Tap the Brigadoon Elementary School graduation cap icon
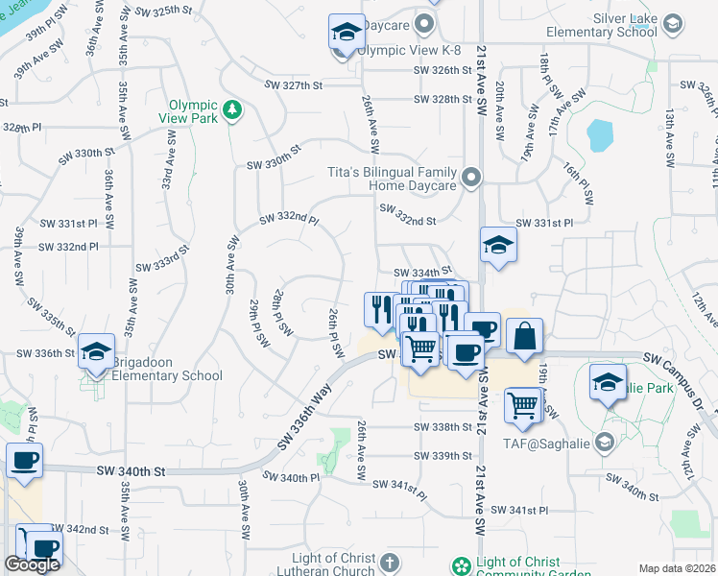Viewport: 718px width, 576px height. coord(97,352)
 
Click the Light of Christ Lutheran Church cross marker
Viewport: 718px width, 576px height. coord(388,562)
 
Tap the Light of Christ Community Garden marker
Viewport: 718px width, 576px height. coord(461,565)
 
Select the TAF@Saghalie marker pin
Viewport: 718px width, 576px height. coord(604,442)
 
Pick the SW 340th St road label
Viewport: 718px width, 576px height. coord(132,471)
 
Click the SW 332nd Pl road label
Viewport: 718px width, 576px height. coord(288,222)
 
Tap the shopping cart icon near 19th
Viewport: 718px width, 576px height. coord(523,405)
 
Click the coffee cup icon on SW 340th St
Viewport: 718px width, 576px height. coord(24,460)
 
